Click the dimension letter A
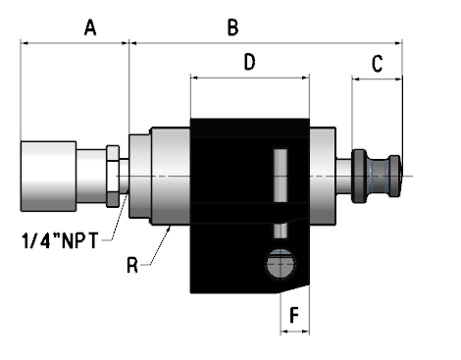90,27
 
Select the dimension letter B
232,27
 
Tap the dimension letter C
378,64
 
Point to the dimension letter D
249,62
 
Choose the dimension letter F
294,316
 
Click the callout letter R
132,265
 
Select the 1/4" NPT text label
60,240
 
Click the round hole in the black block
281,264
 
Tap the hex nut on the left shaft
113,176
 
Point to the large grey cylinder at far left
48,176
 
